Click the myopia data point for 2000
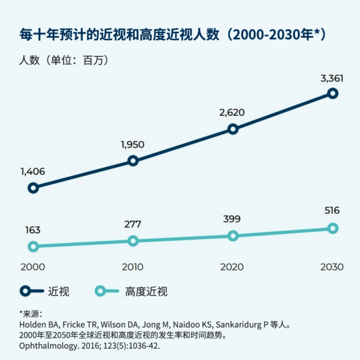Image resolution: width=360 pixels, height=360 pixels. coord(33,188)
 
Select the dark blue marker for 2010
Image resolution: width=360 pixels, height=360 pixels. coord(133,161)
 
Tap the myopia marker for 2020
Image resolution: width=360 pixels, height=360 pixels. coord(233,129)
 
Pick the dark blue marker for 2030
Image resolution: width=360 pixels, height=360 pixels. coord(333,94)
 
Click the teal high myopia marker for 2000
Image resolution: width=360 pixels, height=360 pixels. coord(33,246)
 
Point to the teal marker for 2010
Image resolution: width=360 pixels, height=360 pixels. coord(133,240)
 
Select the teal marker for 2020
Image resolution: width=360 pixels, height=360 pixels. coord(233,235)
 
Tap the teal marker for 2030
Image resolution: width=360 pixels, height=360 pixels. coord(333,228)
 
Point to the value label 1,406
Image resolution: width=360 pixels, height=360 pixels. coord(33,172)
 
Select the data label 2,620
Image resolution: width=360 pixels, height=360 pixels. coord(233,113)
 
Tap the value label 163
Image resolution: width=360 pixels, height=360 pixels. coord(33,229)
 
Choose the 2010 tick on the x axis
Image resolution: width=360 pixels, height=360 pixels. coord(133,267)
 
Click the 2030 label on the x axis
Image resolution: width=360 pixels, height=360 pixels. coord(333,267)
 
